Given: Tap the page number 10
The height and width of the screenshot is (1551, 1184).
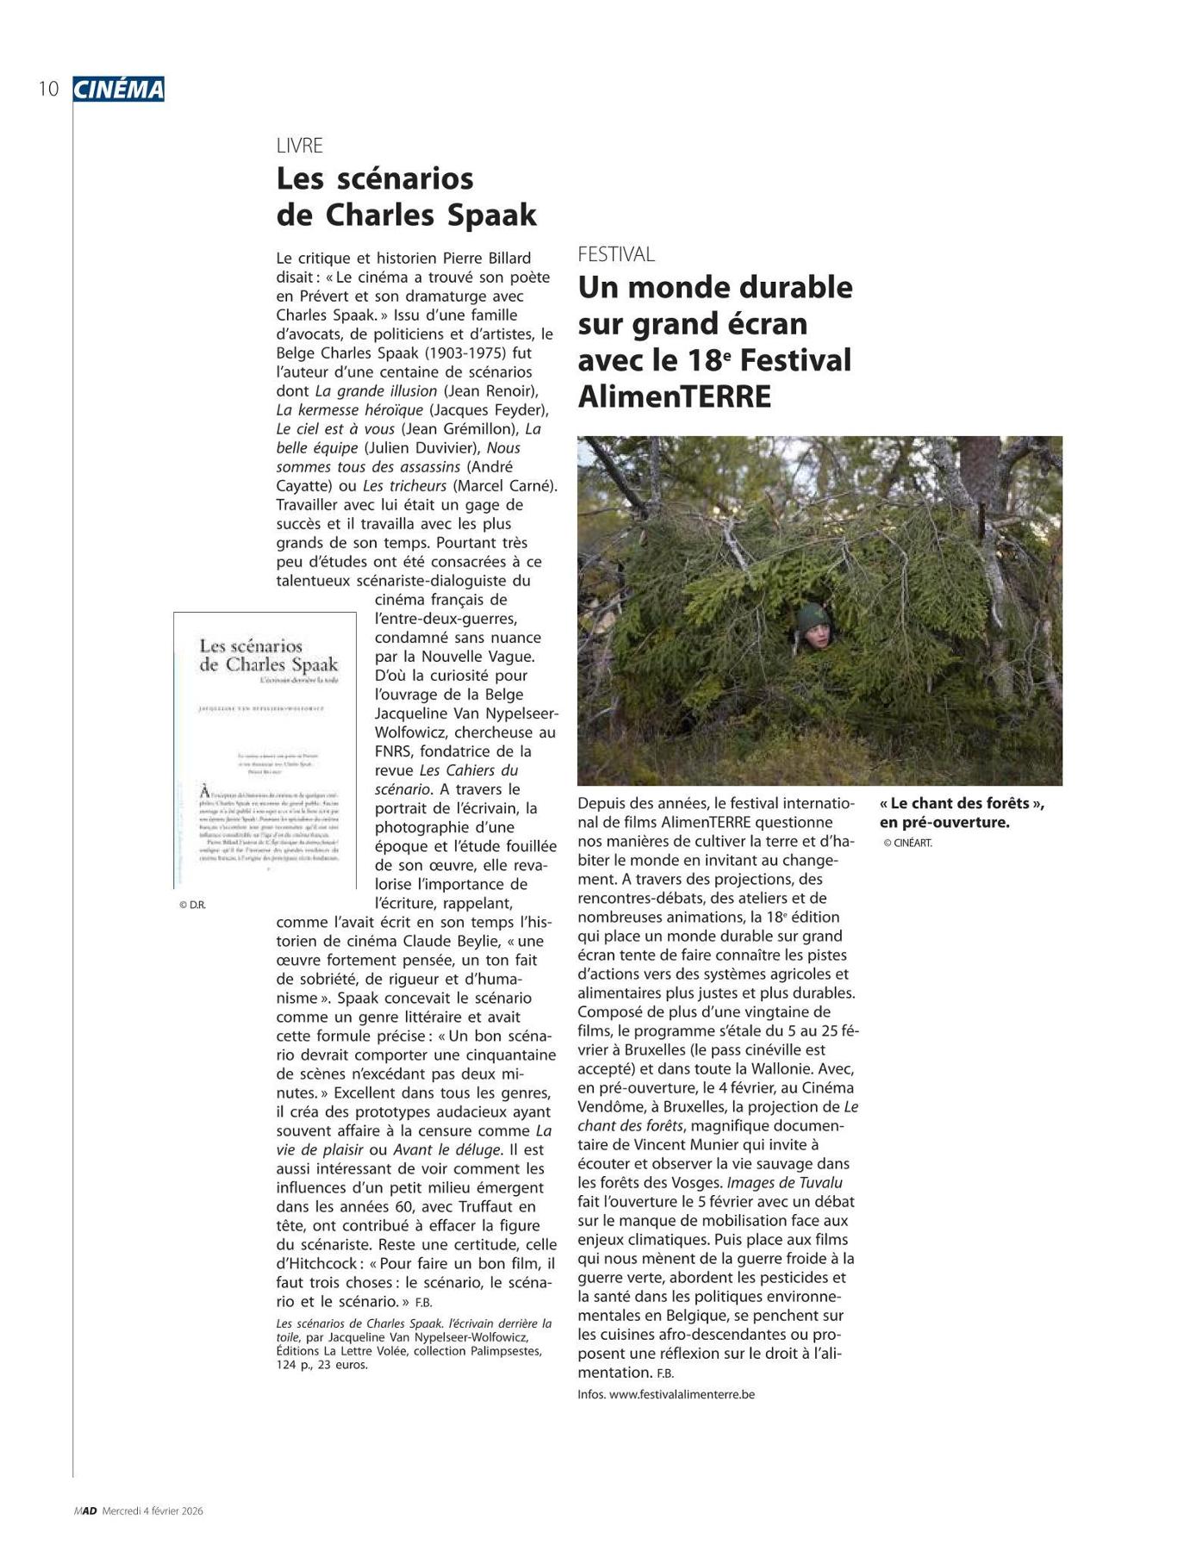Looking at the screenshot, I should (48, 89).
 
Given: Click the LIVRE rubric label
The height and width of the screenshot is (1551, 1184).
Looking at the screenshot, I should (299, 146).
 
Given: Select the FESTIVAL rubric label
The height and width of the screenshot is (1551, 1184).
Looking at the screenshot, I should (616, 254).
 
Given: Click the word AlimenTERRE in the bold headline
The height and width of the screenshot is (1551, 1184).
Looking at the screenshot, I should (675, 396).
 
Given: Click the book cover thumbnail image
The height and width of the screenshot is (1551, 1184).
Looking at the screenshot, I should (265, 750).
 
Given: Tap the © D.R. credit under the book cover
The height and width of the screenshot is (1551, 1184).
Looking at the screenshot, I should (192, 905).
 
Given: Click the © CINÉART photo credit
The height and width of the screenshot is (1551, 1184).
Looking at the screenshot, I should (907, 843).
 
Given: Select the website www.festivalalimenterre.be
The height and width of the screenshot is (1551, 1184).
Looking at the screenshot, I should (682, 1394).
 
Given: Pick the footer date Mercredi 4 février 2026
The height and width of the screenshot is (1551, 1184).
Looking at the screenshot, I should (153, 1511).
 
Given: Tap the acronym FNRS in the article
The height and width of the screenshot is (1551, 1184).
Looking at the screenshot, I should (396, 751).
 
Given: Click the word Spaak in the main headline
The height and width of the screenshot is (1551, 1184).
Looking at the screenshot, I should (488, 215).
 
